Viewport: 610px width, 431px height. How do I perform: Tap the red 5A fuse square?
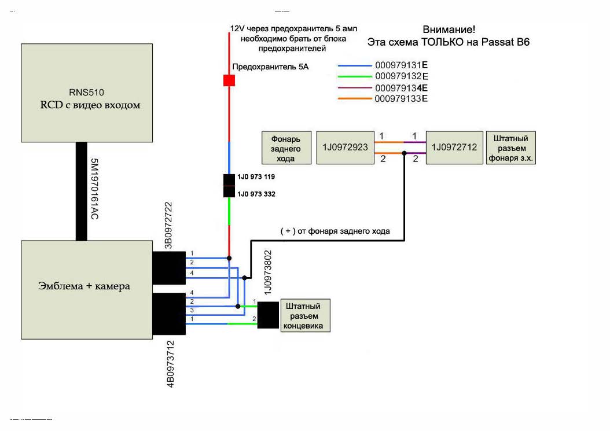click(x=229, y=80)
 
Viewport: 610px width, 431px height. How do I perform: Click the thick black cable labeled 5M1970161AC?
click(x=82, y=191)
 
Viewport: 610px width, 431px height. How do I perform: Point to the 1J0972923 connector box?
click(x=344, y=147)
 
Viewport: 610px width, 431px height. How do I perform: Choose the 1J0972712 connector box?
click(x=454, y=147)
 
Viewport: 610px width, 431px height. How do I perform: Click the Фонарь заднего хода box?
click(x=286, y=149)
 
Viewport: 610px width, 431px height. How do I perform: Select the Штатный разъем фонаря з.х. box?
click(x=510, y=148)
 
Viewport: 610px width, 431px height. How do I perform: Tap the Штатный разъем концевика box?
click(x=306, y=315)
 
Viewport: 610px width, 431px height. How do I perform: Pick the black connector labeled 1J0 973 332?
click(x=229, y=193)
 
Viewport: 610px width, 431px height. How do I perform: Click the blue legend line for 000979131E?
click(x=354, y=65)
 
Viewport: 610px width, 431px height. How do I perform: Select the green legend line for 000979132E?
click(x=354, y=76)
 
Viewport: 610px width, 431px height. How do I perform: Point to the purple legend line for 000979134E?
click(x=354, y=88)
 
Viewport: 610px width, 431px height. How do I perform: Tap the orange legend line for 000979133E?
click(x=354, y=99)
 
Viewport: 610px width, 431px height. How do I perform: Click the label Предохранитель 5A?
click(x=270, y=67)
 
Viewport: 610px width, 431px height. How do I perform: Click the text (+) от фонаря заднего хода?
click(x=335, y=231)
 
